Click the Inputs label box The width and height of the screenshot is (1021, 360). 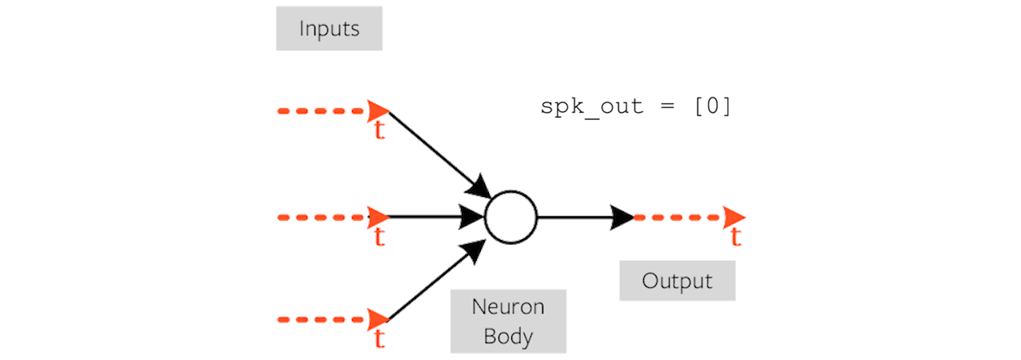pyautogui.click(x=329, y=30)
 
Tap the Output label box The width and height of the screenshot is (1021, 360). pyautogui.click(x=677, y=282)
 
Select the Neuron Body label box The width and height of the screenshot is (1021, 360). pyautogui.click(x=508, y=321)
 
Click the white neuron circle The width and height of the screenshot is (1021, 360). pyautogui.click(x=510, y=217)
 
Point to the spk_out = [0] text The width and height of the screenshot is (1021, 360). pyautogui.click(x=636, y=107)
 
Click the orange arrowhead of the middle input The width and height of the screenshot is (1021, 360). pyautogui.click(x=378, y=217)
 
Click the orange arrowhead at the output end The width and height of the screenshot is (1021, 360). pyautogui.click(x=734, y=217)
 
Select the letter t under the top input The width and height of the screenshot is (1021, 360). pyautogui.click(x=379, y=131)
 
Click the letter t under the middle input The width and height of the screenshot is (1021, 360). pyautogui.click(x=379, y=237)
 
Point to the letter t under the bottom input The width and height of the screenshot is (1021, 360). pyautogui.click(x=379, y=339)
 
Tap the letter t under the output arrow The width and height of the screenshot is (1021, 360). pyautogui.click(x=735, y=237)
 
